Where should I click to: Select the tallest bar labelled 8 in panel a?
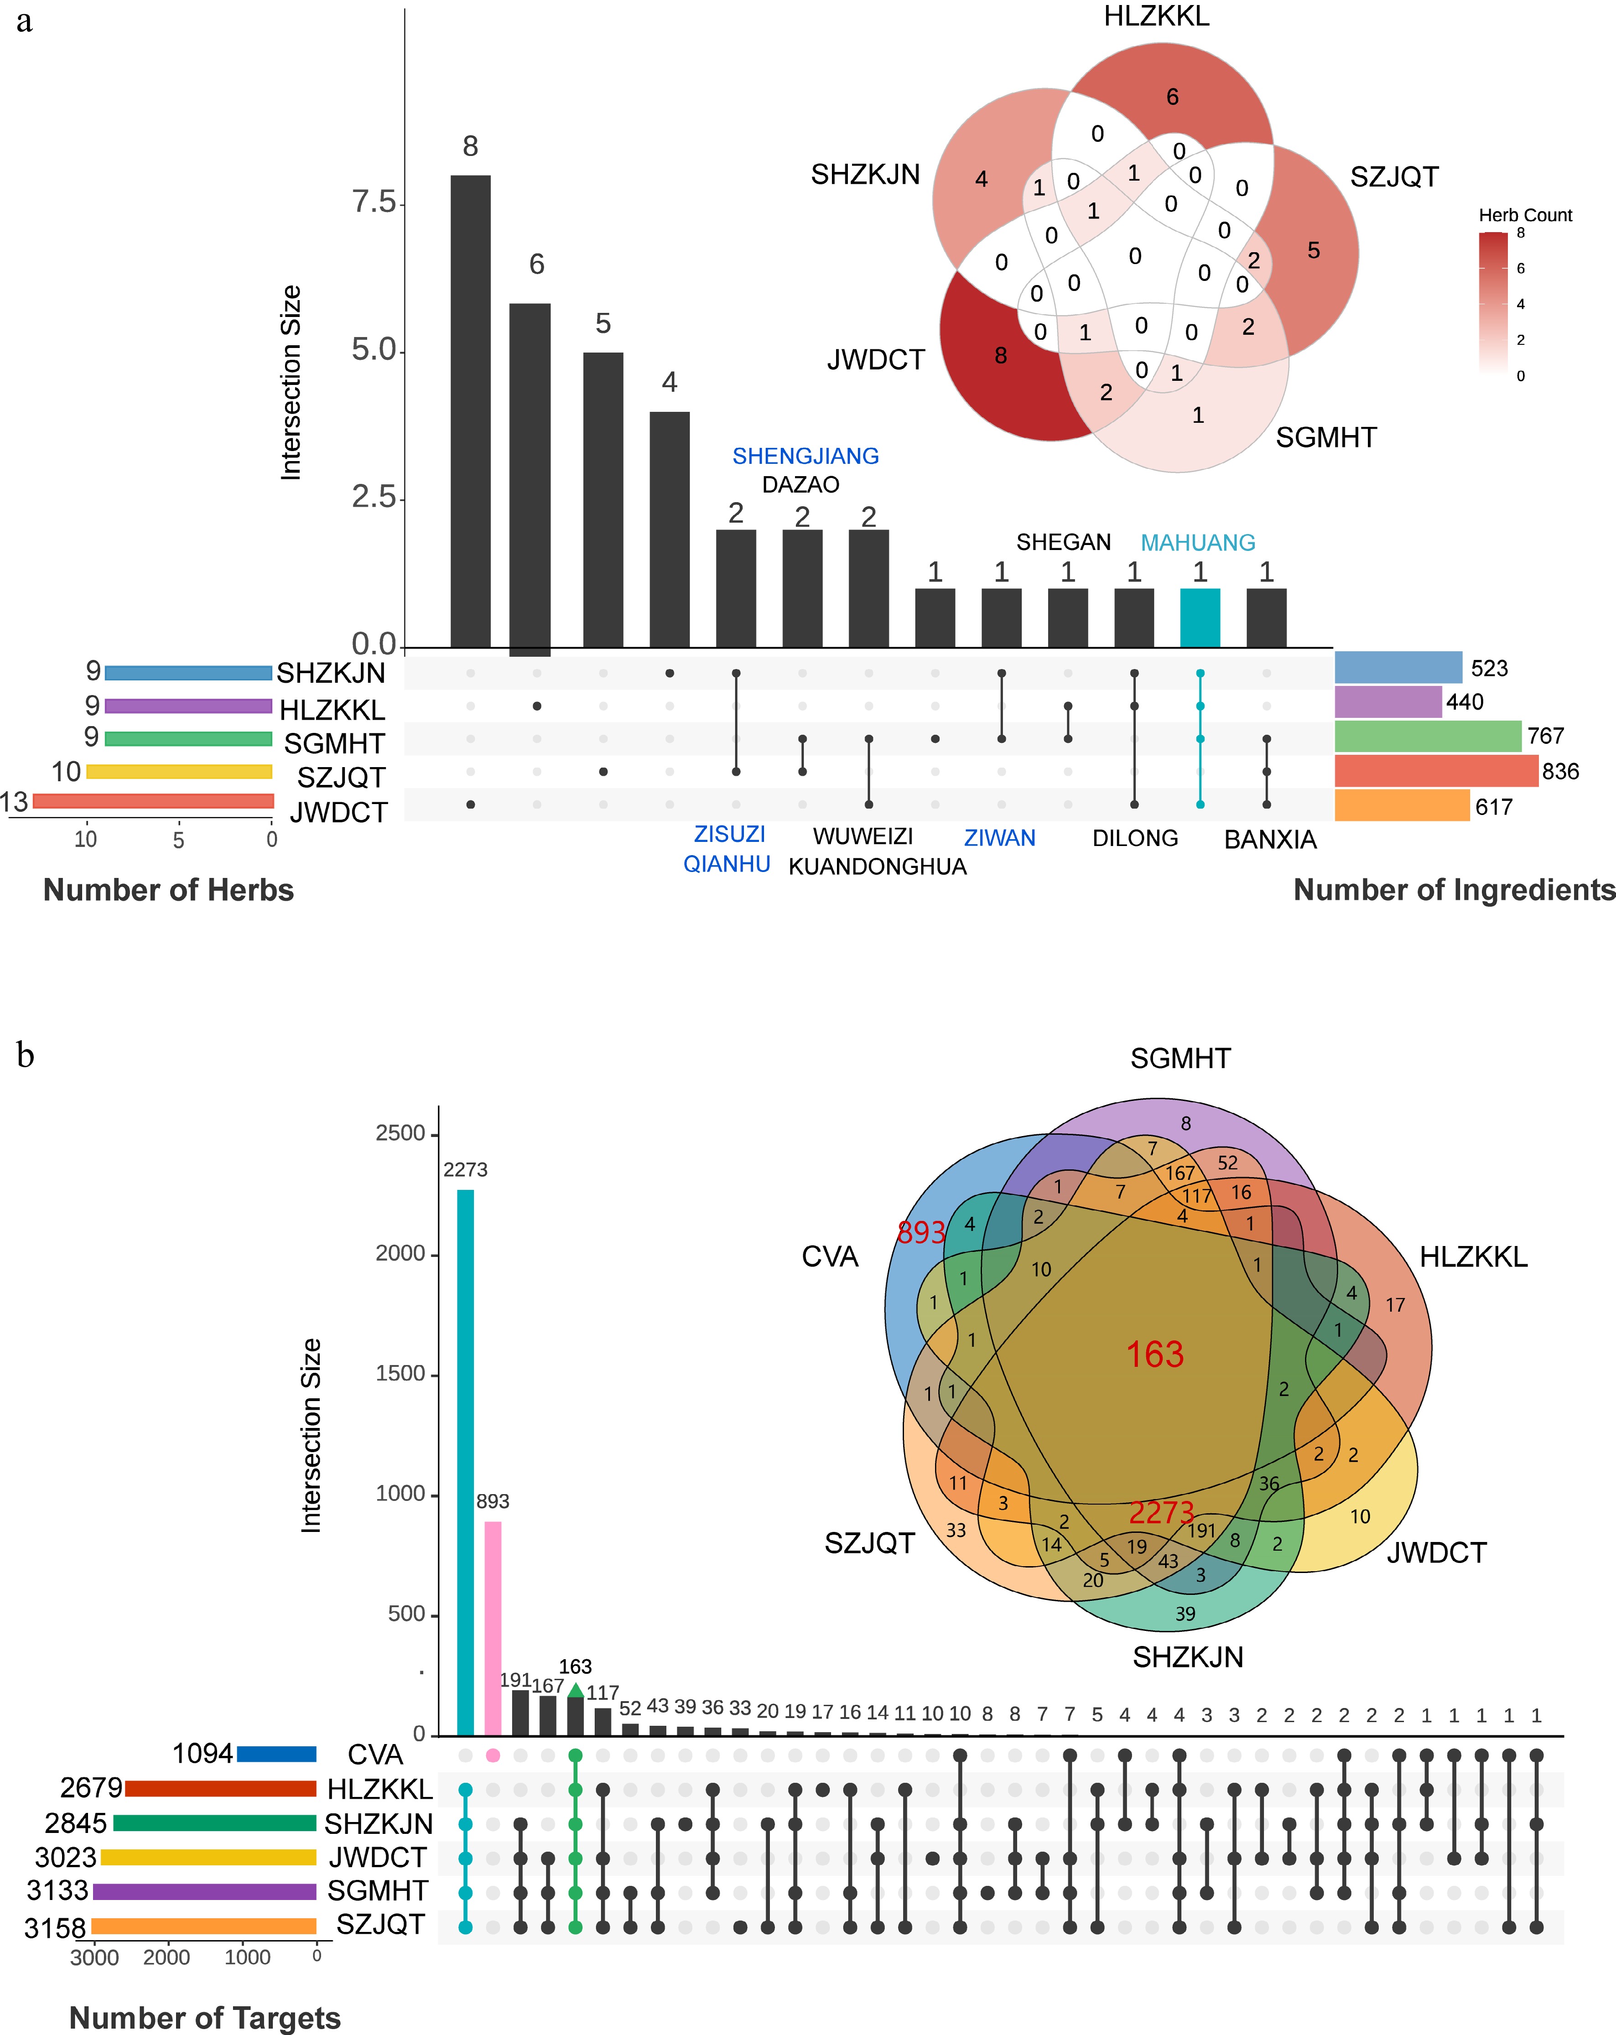coord(470,410)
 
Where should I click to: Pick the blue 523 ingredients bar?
coord(1398,667)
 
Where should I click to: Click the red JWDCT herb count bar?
coord(153,801)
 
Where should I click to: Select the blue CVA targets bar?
coord(276,1754)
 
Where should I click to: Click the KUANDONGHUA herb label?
coord(877,867)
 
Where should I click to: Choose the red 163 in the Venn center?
coord(1154,1355)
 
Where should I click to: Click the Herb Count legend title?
coord(1524,215)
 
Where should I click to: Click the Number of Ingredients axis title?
coord(1454,890)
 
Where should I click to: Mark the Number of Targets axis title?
coord(205,2017)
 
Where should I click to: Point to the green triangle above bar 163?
coord(575,1688)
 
